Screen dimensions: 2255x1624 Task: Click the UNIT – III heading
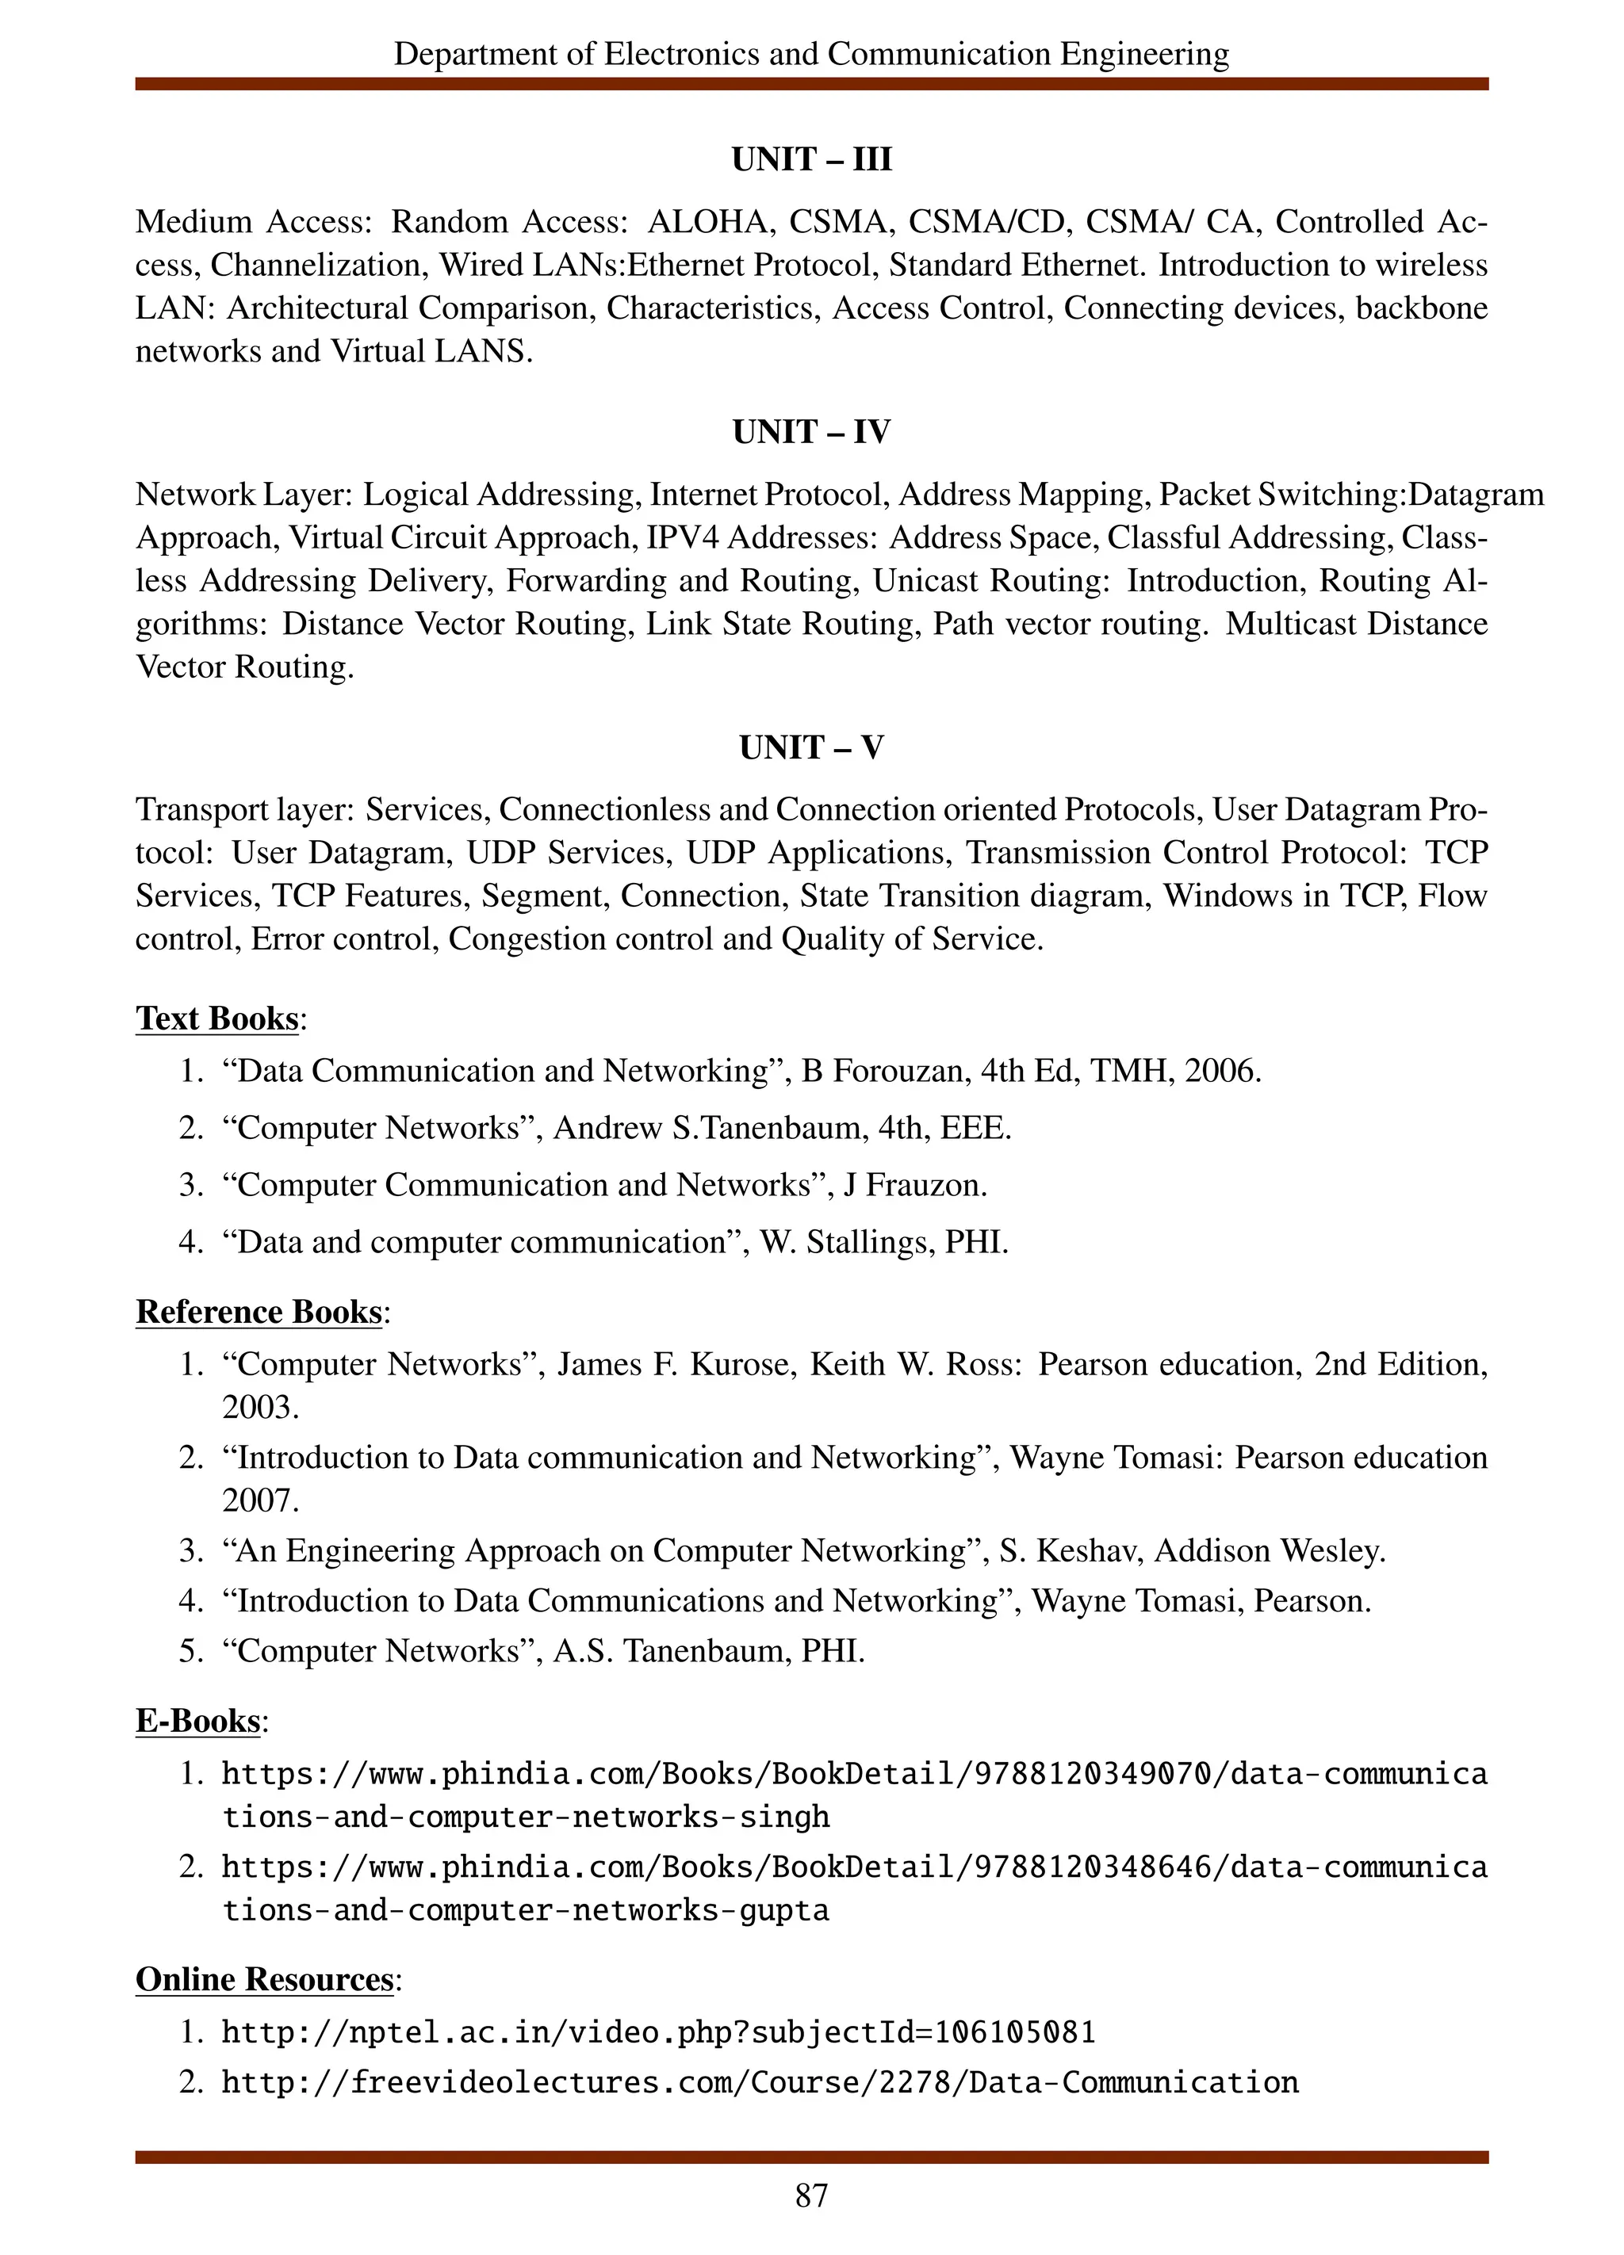(811, 159)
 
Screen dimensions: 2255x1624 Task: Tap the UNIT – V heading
(811, 747)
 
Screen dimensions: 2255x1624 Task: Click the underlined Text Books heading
(216, 1019)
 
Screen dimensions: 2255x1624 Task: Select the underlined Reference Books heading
(259, 1312)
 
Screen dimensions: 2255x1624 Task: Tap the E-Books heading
(198, 1721)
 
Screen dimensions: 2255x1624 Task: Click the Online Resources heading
(265, 1980)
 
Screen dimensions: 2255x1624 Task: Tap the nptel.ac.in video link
(657, 2032)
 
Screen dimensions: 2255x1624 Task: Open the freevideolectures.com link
(759, 2083)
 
